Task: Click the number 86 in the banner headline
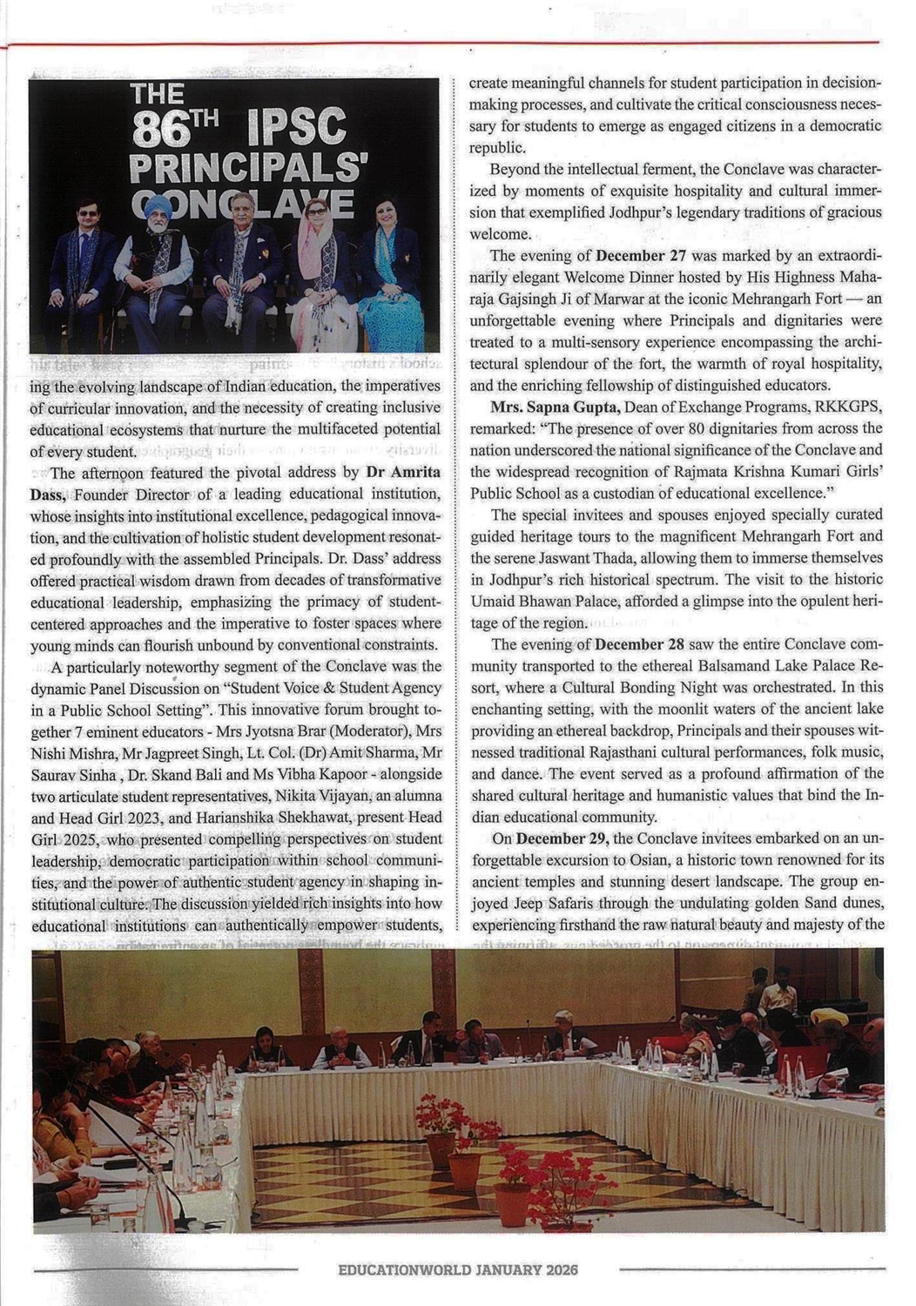click(x=161, y=133)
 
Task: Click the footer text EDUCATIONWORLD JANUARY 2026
click(x=458, y=1270)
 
